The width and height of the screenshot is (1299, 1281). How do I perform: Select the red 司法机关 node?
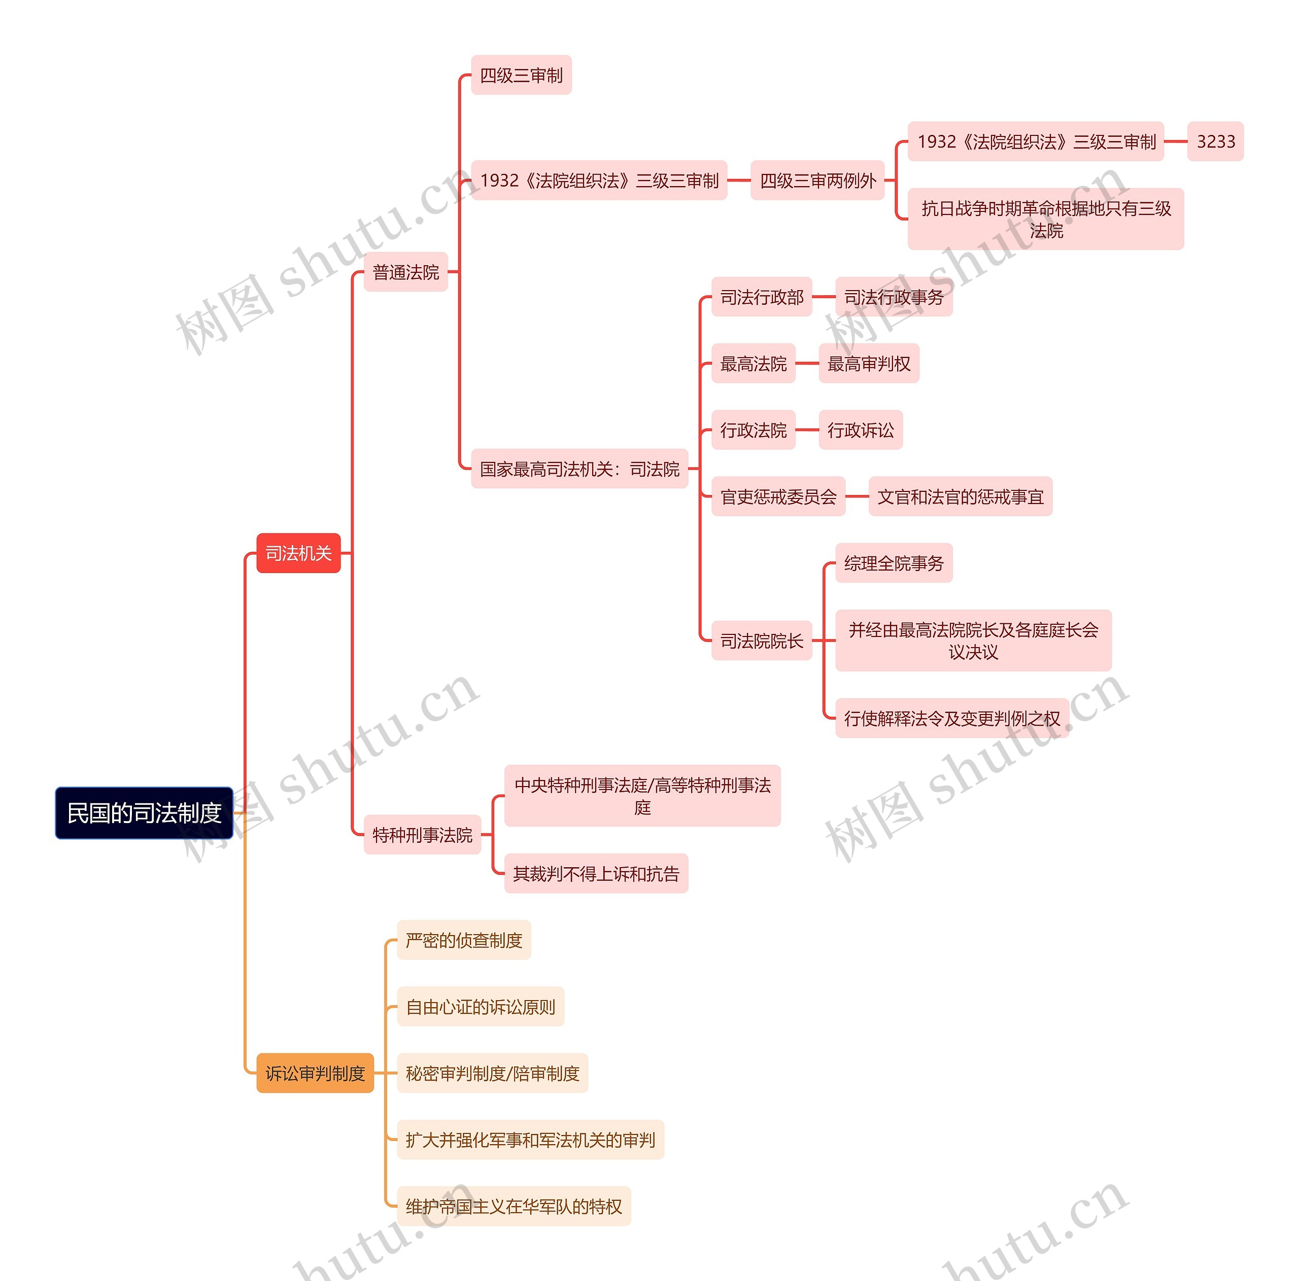298,553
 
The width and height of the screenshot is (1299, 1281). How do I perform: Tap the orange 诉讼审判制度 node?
315,1073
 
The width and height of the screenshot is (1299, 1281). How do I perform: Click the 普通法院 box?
405,272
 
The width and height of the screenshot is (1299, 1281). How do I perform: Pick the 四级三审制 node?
521,75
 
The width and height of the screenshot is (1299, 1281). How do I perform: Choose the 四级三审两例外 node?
817,180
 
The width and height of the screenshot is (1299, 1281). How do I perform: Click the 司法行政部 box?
762,297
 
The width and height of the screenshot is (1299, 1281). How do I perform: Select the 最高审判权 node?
869,364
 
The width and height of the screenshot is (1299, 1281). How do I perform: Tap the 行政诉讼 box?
861,430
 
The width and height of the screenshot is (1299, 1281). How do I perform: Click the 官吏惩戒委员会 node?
778,496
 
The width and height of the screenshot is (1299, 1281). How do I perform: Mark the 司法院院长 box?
762,640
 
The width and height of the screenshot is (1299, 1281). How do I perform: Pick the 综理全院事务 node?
894,563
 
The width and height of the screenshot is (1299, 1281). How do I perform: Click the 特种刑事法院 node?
422,835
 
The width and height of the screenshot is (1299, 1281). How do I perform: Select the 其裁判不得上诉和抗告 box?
596,874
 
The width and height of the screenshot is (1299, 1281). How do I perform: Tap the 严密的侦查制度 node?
464,940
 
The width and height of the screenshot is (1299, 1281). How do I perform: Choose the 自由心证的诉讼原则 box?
480,1007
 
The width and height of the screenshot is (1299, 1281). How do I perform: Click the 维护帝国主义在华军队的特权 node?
514,1206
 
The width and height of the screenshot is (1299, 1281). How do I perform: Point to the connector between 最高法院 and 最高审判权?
807,364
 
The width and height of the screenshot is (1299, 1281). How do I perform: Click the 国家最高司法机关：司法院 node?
579,469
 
